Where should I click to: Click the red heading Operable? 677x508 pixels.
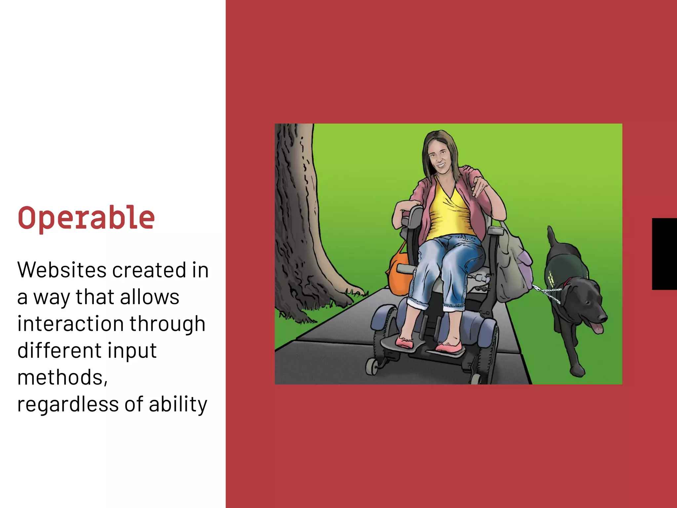(86, 218)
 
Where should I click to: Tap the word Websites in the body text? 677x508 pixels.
(62, 270)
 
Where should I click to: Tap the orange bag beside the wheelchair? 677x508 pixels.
(399, 275)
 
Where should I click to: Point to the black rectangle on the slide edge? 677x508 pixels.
(664, 254)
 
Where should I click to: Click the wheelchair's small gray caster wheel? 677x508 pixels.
(372, 367)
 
